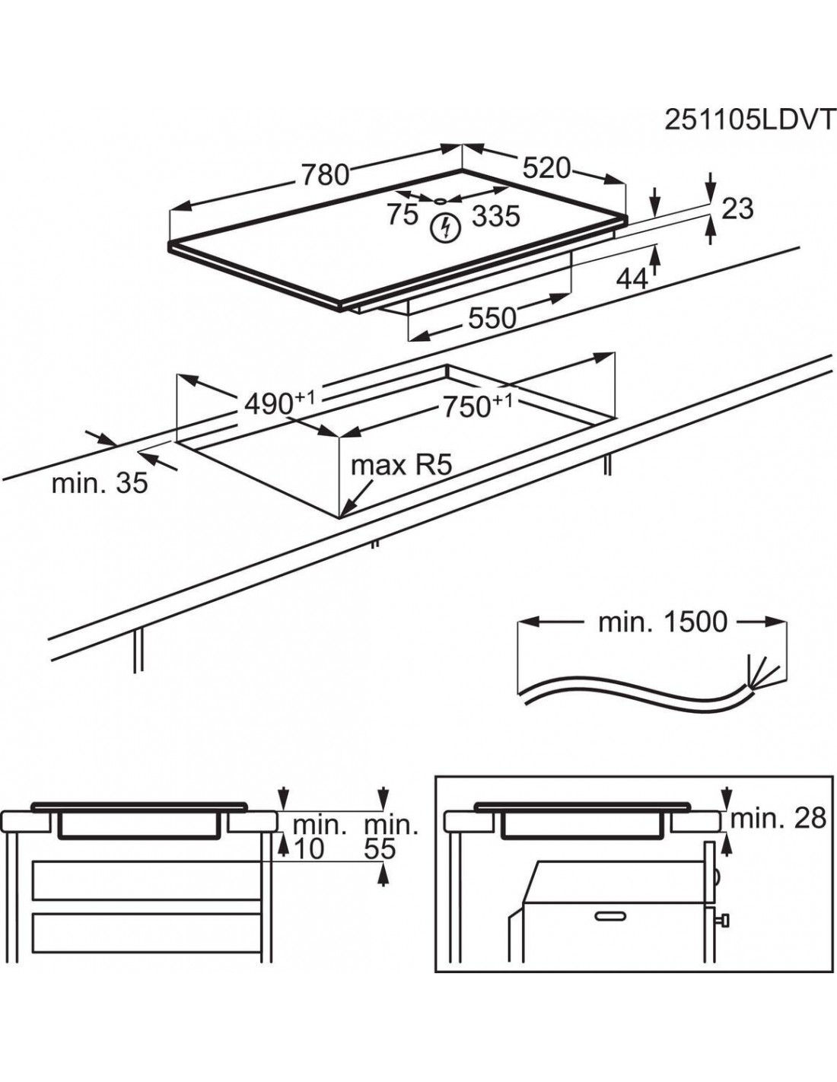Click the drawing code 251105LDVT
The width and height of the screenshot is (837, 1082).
749,120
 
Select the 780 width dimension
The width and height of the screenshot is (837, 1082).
325,175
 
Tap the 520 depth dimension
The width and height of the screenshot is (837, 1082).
546,168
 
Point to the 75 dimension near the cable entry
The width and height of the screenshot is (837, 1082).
403,215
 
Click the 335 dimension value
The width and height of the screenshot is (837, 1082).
495,217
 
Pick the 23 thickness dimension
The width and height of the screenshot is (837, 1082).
737,208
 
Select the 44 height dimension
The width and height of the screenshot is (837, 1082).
632,279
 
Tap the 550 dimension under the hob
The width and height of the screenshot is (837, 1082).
492,318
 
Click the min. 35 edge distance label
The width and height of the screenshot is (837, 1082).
100,483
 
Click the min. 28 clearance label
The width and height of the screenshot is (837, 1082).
778,818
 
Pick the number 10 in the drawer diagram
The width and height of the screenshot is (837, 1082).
308,848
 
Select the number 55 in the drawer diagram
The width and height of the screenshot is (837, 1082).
380,848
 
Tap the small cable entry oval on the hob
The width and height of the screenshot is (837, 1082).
441,200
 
